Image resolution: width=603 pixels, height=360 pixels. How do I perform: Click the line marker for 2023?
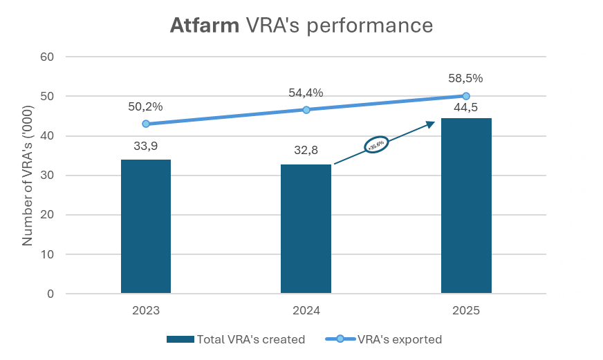(x=146, y=124)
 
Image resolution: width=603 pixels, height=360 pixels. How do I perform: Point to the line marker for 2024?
(x=306, y=109)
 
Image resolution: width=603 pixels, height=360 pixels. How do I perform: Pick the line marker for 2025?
(x=466, y=96)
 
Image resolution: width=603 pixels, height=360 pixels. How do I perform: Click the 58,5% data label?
(x=465, y=78)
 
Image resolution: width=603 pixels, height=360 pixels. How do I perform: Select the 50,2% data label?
(x=145, y=106)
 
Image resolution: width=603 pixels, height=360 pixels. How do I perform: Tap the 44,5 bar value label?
(x=466, y=107)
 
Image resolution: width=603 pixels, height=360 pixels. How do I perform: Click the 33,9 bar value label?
(x=146, y=146)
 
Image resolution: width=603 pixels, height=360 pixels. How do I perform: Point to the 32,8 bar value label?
(x=306, y=151)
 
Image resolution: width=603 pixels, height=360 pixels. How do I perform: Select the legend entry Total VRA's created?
(x=236, y=339)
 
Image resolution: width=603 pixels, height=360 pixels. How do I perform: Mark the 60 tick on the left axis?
(x=47, y=57)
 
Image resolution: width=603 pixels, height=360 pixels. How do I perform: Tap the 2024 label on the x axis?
(x=306, y=311)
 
